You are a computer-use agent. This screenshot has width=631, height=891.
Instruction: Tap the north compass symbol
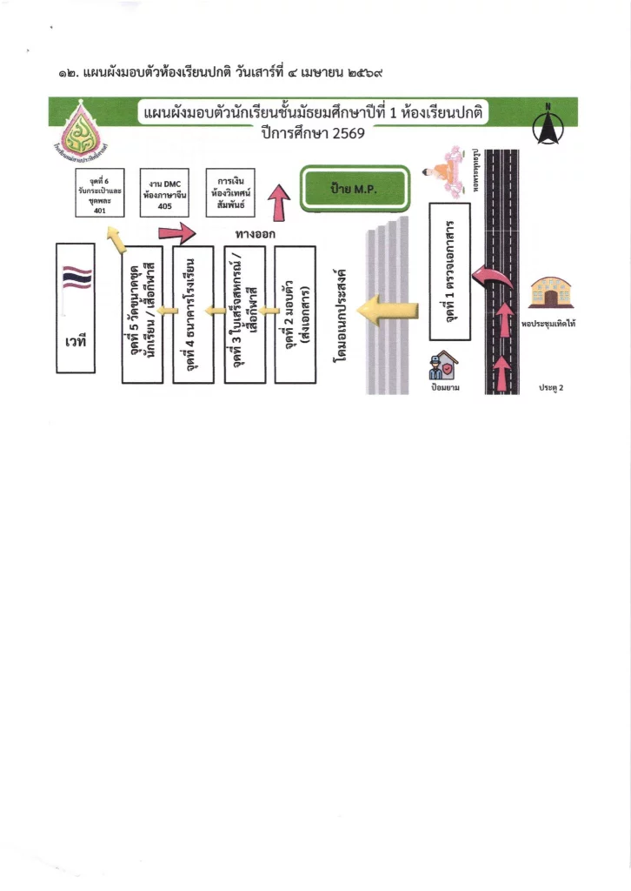(x=548, y=127)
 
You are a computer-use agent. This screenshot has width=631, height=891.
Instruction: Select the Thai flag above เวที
(x=76, y=278)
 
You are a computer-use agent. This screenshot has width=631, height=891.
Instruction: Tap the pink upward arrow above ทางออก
(x=279, y=207)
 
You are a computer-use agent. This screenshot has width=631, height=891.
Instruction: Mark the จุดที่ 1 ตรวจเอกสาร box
(x=449, y=271)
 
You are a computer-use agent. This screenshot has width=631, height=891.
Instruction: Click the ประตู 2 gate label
(x=551, y=387)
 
